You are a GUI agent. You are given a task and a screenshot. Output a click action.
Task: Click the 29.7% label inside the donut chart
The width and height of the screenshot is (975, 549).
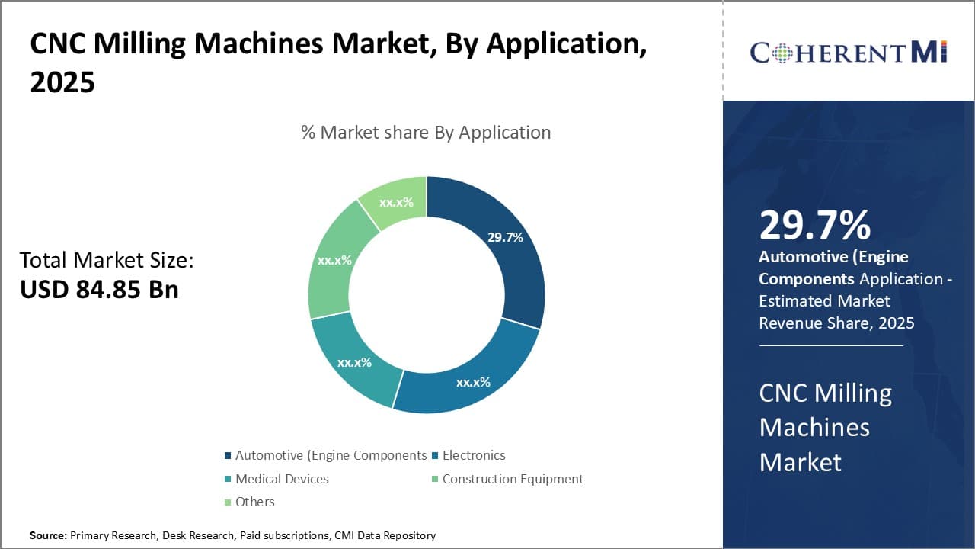click(505, 237)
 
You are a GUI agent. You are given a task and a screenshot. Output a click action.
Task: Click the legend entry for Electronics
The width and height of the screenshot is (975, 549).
click(473, 455)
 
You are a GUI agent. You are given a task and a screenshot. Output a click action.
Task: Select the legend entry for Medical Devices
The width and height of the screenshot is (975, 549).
click(281, 479)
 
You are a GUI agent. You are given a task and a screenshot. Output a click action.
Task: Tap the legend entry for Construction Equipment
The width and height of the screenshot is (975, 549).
click(512, 479)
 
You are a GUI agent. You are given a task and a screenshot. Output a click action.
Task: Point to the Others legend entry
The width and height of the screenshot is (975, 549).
click(254, 502)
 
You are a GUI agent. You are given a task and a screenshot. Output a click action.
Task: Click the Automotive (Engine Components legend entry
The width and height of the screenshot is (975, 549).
click(330, 455)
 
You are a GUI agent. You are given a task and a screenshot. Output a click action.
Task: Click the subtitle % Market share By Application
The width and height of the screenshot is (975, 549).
click(426, 133)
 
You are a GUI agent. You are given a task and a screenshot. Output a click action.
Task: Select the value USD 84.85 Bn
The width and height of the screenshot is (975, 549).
click(99, 290)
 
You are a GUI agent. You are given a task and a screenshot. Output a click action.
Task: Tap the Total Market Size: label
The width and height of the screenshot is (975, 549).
click(107, 261)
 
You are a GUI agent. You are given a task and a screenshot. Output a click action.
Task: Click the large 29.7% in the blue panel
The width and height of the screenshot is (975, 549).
click(814, 226)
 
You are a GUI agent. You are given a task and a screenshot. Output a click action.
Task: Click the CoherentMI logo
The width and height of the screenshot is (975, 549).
click(848, 52)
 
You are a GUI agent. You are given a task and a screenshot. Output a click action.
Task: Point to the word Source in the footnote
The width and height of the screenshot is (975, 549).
click(47, 536)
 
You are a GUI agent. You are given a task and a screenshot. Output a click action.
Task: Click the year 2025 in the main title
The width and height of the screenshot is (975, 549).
click(62, 82)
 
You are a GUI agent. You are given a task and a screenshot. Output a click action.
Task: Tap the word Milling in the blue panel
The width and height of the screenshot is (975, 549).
click(853, 393)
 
